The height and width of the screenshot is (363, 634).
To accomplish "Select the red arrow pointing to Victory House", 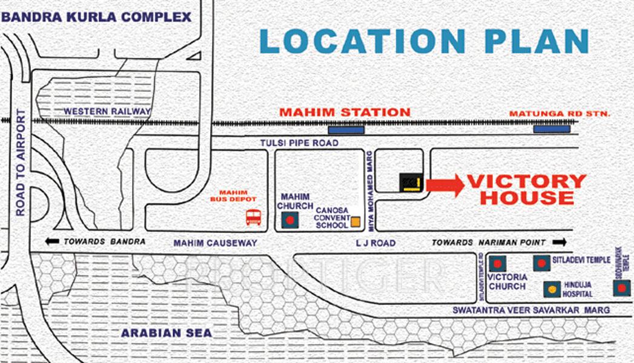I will click(x=444, y=185).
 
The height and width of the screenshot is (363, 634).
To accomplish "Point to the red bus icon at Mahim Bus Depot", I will click(x=254, y=217).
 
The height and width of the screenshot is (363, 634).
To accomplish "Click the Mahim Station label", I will click(x=345, y=112).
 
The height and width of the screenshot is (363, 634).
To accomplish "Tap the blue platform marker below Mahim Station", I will click(x=346, y=129).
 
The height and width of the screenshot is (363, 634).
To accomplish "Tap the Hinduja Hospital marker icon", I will click(x=552, y=290).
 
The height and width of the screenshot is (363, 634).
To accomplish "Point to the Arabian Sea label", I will click(x=167, y=333).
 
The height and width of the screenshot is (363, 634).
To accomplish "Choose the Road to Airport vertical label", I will click(x=21, y=163).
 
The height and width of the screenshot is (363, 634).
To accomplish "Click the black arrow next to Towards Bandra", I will click(x=52, y=241).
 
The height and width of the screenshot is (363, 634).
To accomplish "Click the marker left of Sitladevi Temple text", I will click(x=541, y=263).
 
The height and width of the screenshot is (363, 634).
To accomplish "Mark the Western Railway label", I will click(x=107, y=111).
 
